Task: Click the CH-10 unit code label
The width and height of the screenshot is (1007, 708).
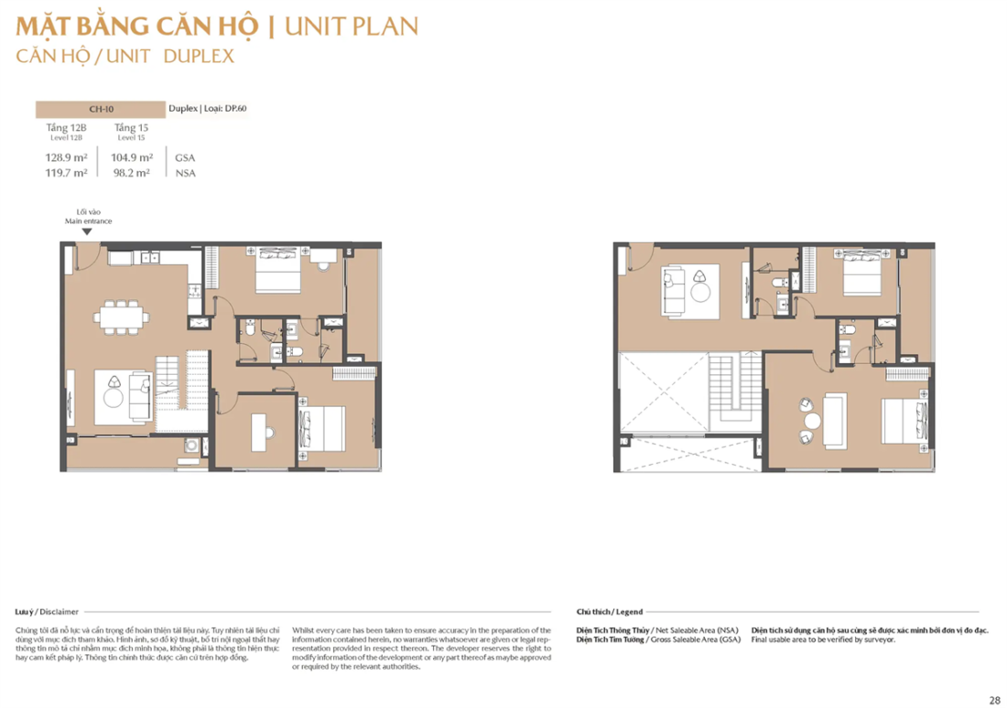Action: pos(101,109)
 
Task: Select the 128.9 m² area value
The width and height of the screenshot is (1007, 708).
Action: pos(67,157)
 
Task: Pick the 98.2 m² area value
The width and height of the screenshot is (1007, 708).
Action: pos(132,172)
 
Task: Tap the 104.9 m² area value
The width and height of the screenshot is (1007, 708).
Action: pos(132,157)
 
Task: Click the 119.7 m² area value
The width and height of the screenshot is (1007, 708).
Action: pos(67,172)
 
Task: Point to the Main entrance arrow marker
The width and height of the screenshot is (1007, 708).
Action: pos(87,231)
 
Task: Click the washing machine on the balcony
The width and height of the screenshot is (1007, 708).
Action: pos(191,446)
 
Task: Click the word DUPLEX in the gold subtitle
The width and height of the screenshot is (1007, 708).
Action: pos(200,56)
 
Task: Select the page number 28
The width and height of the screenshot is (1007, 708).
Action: pos(994,700)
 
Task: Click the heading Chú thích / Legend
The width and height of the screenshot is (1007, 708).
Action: pos(610,611)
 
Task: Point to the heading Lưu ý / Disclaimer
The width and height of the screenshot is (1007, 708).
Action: pos(47,611)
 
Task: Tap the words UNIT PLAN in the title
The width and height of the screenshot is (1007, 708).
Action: pos(352,25)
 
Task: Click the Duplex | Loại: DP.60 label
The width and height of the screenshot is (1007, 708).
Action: pos(208,109)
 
